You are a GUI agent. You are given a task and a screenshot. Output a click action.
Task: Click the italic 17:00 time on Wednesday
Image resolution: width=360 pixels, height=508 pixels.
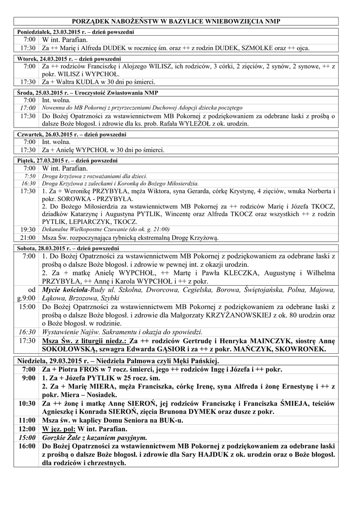(x=28, y=108)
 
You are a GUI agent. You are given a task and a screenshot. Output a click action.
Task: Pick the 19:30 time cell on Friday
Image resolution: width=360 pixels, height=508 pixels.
(x=28, y=230)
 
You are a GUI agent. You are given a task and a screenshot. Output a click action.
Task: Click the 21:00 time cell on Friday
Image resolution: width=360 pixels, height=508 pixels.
(x=28, y=238)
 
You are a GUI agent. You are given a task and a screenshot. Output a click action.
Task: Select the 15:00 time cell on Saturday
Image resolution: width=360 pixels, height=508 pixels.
(x=28, y=307)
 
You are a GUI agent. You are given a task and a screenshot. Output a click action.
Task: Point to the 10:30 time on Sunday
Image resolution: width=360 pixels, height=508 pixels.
(x=28, y=403)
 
